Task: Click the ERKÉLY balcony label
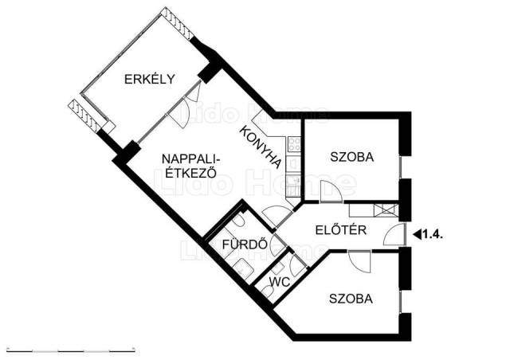pyautogui.click(x=150, y=79)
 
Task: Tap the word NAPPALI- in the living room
pyautogui.click(x=191, y=159)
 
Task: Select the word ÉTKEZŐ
pyautogui.click(x=191, y=173)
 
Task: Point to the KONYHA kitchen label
pyautogui.click(x=261, y=147)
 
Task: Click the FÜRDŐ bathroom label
pyautogui.click(x=245, y=245)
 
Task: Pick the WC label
pyautogui.click(x=280, y=282)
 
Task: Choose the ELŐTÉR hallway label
pyautogui.click(x=341, y=230)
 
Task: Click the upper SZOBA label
pyautogui.click(x=352, y=157)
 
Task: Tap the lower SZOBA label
pyautogui.click(x=351, y=299)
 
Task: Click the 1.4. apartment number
pyautogui.click(x=432, y=234)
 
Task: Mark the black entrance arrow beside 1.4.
pyautogui.click(x=417, y=234)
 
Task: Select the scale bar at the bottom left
pyautogui.click(x=71, y=350)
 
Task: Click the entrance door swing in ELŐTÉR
pyautogui.click(x=395, y=234)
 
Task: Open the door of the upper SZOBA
pyautogui.click(x=331, y=191)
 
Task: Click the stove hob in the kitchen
pyautogui.click(x=294, y=144)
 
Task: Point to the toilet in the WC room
pyautogui.click(x=268, y=291)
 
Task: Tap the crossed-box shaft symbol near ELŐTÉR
pyautogui.click(x=386, y=210)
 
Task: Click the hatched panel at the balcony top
pyautogui.click(x=178, y=23)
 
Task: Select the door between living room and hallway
pyautogui.click(x=277, y=217)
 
